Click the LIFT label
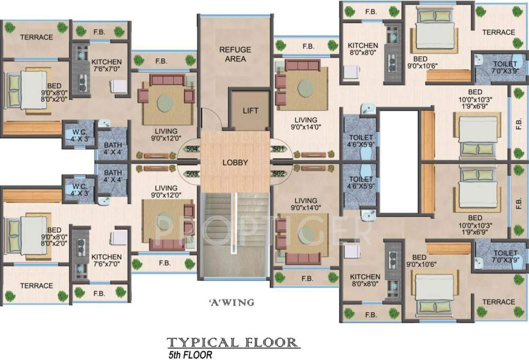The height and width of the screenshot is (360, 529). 250,111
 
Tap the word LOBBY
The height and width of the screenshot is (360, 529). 235,163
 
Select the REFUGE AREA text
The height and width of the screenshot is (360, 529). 235,54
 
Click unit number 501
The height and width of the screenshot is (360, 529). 278,150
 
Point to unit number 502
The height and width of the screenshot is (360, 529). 278,173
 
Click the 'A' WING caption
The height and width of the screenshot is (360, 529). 231,303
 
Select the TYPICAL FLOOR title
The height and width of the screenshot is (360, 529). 233,342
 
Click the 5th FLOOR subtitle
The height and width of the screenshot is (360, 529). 193,355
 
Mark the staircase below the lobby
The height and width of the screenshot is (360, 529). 234,234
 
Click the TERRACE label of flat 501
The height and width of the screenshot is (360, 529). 499,32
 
